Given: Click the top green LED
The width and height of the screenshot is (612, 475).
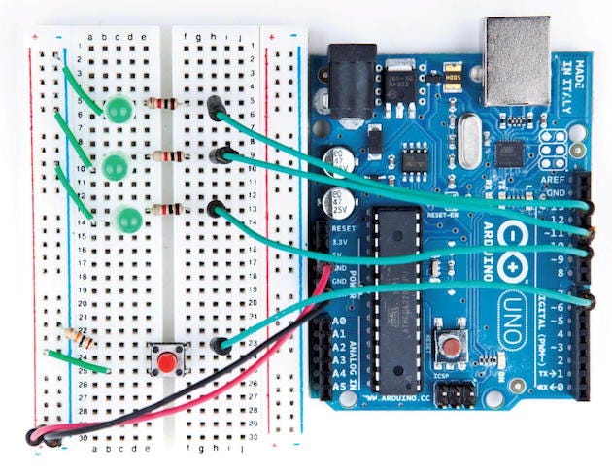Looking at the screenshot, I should click(x=119, y=111).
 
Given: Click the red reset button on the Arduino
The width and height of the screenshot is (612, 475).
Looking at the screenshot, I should click(x=451, y=346).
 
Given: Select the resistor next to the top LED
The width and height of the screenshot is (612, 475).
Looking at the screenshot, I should click(x=161, y=104).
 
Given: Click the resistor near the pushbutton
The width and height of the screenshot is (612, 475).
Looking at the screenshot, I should click(x=78, y=339).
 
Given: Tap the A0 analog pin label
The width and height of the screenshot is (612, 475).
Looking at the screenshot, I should click(x=339, y=321).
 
